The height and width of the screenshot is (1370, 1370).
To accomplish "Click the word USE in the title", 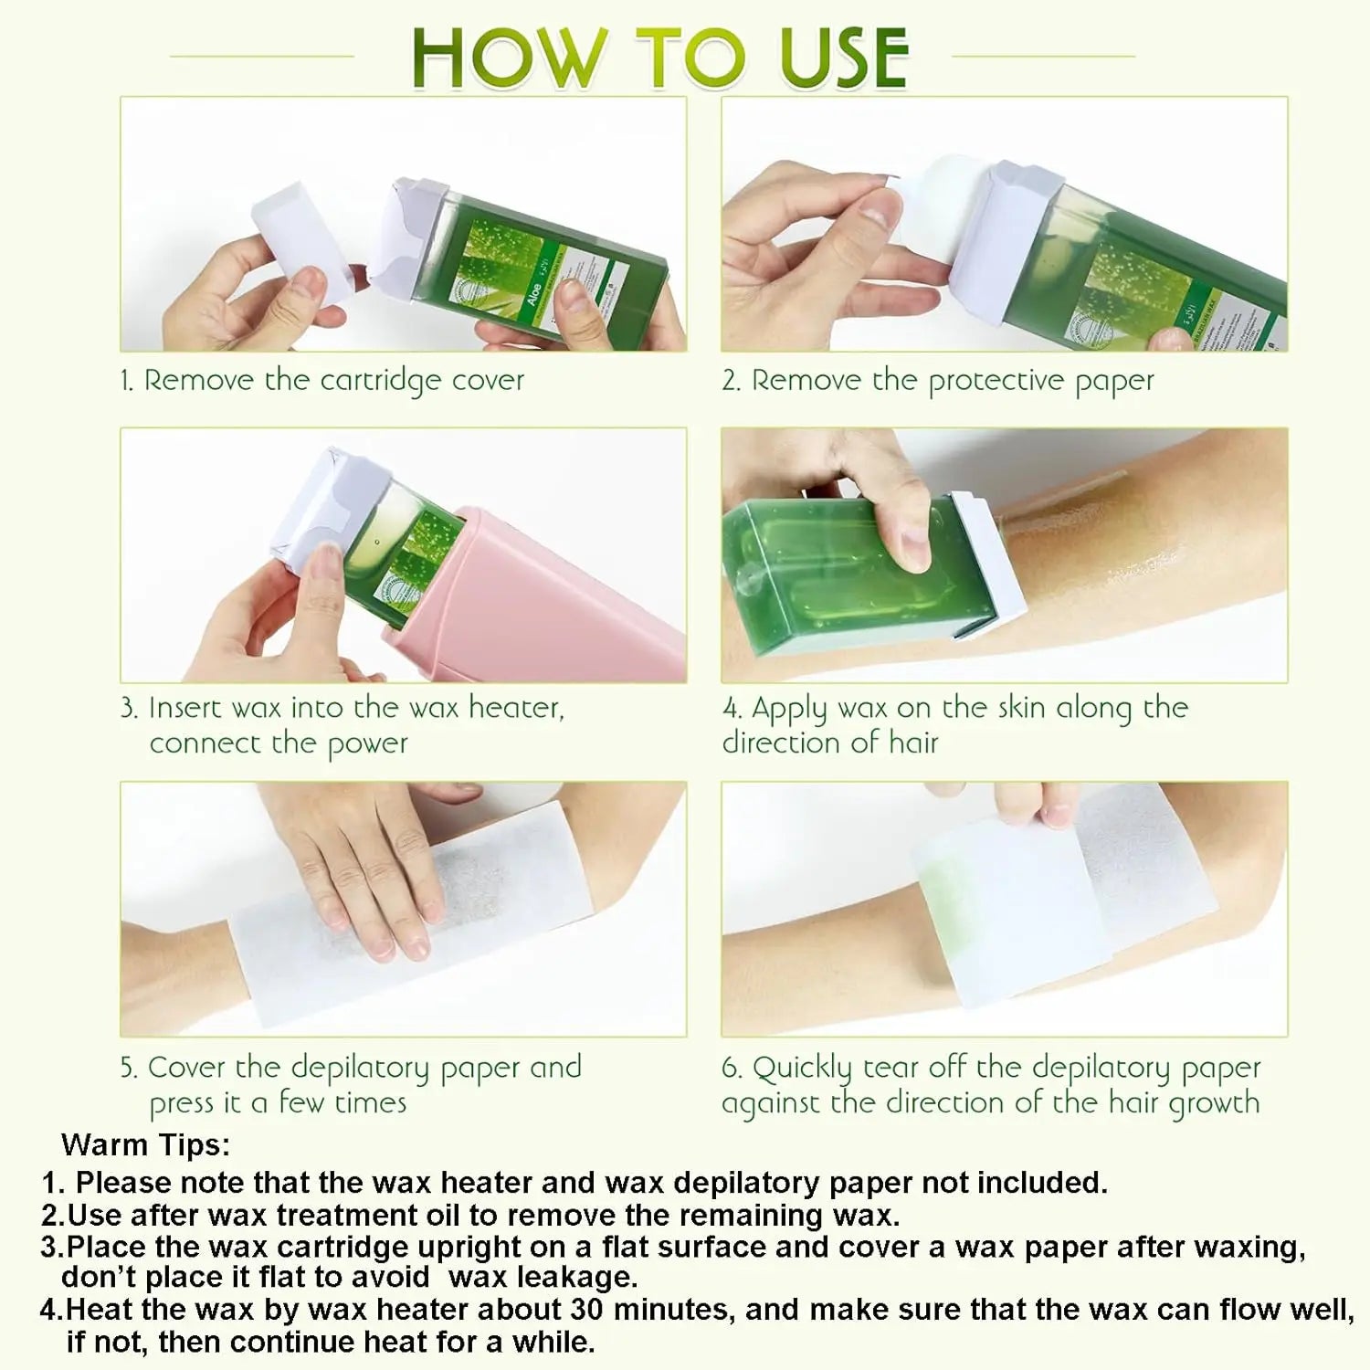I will [844, 58].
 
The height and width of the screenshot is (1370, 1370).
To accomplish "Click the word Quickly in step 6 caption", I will [801, 1068].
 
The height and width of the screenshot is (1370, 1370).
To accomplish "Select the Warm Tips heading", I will [145, 1145].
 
